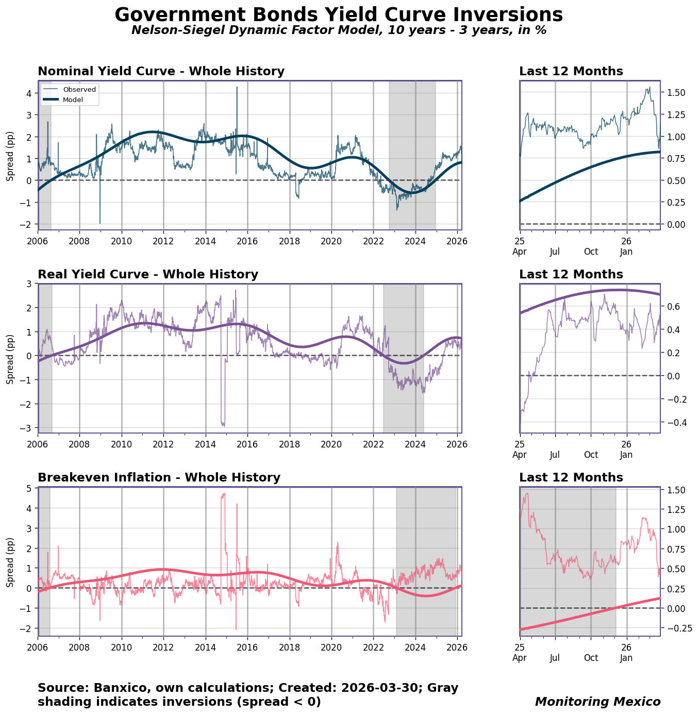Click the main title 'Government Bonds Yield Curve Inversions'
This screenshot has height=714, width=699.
click(339, 15)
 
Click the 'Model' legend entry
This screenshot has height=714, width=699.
click(73, 99)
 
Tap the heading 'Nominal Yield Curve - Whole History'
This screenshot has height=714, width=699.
click(161, 72)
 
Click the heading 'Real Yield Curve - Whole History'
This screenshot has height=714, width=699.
click(148, 275)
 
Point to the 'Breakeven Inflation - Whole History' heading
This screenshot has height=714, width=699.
click(159, 478)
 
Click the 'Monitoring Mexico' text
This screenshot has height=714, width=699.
click(597, 702)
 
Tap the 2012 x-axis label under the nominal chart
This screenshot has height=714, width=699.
click(163, 241)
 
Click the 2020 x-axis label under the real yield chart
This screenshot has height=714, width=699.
click(331, 444)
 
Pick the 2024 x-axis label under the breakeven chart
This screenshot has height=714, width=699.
click(415, 647)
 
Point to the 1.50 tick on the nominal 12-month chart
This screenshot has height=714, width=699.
click(675, 93)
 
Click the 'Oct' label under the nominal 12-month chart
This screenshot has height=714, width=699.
click(591, 252)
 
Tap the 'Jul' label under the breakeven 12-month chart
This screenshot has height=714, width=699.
click(555, 658)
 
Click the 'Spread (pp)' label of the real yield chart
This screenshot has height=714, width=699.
click(10, 358)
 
